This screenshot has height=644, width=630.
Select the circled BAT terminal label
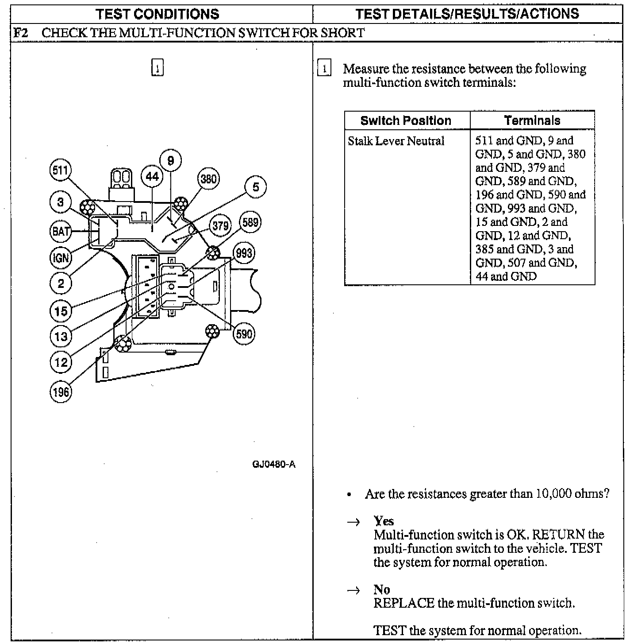[x=60, y=231]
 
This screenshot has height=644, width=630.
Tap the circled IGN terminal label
[x=60, y=258]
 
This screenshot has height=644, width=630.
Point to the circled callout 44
[x=152, y=177]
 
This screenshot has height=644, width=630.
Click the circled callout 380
[x=208, y=179]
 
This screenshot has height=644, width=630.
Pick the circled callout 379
[x=220, y=225]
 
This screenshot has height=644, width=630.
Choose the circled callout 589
[x=250, y=222]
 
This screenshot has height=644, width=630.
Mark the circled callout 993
[x=244, y=253]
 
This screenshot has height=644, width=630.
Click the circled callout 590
[x=244, y=333]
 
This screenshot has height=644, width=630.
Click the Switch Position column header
[x=406, y=120]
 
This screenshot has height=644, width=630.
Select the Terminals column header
[x=532, y=120]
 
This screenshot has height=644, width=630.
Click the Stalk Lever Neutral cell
[x=396, y=141]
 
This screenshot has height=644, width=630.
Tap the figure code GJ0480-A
[x=273, y=465]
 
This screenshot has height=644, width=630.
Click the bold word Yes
[x=384, y=521]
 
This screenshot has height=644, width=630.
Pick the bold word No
[x=381, y=590]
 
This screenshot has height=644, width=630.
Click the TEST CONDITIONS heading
[x=158, y=14]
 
